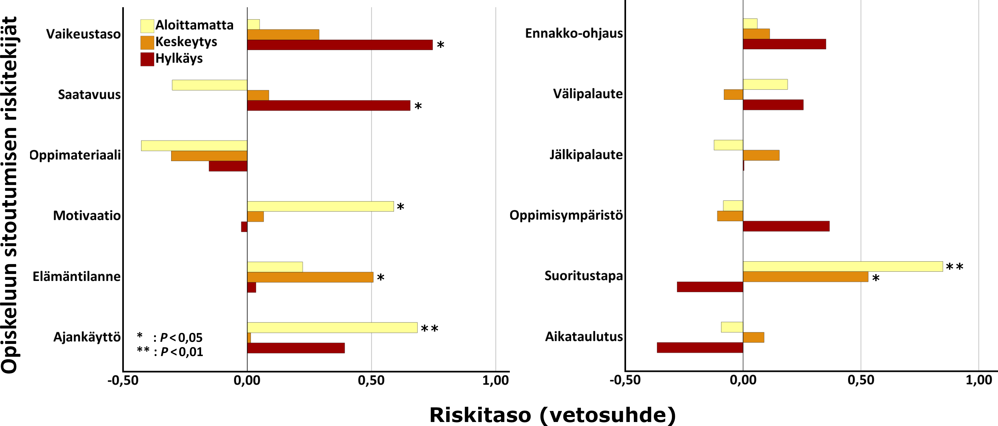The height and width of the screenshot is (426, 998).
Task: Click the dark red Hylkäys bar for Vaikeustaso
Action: point(340,45)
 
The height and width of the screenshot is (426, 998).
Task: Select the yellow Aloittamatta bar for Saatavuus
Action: point(210,85)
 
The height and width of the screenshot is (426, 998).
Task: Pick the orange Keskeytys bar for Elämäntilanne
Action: point(310,277)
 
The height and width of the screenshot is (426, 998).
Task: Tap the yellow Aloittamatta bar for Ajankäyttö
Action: point(332,328)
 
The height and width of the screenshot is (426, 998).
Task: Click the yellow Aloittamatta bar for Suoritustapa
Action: point(843,267)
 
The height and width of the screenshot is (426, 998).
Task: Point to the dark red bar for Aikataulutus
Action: point(700,348)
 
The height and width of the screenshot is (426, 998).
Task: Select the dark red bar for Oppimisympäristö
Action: point(786,226)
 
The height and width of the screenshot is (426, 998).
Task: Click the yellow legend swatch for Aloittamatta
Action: point(147,26)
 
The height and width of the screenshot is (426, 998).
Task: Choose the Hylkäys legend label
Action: point(179,59)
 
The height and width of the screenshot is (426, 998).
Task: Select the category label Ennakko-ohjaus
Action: point(574,33)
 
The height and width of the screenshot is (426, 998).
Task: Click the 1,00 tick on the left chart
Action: point(496,380)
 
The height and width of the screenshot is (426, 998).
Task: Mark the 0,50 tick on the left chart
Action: point(371,380)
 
